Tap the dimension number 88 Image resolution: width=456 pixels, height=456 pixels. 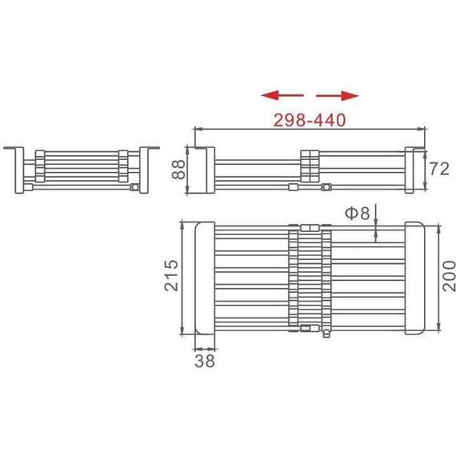178,170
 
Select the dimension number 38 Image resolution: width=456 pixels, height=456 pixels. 206,361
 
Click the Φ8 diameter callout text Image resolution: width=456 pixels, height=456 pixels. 357,213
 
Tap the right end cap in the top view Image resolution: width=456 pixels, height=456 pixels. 417,278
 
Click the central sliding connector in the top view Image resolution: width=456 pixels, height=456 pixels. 309,278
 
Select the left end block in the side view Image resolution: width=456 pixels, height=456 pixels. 203,170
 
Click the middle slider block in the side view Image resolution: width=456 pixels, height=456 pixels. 310,166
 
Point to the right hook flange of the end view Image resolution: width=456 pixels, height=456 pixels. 149,153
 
